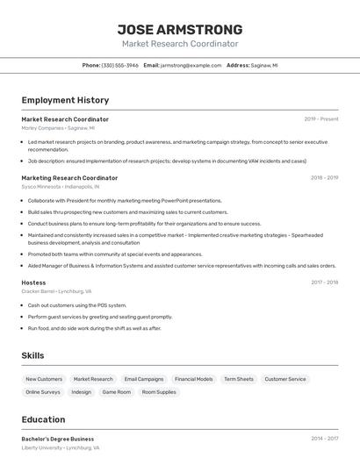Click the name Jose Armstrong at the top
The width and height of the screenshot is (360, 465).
tap(180, 29)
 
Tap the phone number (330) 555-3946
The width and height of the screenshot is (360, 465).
tap(119, 65)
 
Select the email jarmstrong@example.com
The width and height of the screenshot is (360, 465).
tap(191, 65)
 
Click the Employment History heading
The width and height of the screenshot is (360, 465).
tap(65, 100)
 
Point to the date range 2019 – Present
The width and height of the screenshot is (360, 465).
tap(321, 119)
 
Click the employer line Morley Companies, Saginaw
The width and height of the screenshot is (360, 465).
tap(58, 128)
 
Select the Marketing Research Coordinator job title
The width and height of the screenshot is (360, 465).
tap(69, 177)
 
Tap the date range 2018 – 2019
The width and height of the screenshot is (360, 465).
tap(324, 177)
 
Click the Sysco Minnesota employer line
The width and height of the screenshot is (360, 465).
tap(61, 187)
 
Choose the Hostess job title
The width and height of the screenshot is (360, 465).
tap(33, 283)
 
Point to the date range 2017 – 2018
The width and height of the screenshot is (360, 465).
tap(324, 283)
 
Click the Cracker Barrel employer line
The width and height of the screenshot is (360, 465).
tap(56, 291)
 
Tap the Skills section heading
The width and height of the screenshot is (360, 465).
tap(32, 355)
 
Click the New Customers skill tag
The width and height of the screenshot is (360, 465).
tap(44, 379)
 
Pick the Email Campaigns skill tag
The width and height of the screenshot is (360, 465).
tap(144, 379)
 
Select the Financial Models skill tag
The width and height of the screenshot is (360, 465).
tap(193, 379)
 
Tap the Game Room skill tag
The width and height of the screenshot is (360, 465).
tap(117, 392)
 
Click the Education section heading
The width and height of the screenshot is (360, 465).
tap(43, 419)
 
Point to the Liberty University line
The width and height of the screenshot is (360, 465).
tap(61, 447)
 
